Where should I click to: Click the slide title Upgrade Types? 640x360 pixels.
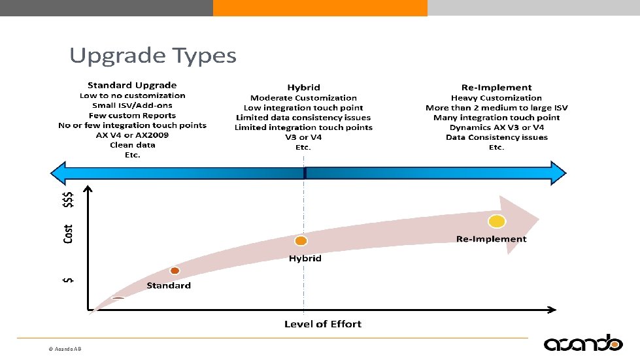coord(153,56)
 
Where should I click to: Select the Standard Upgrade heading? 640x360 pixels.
coord(132,85)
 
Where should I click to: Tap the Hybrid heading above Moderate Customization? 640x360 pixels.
coord(303,88)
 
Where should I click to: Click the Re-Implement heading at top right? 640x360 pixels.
coord(496,88)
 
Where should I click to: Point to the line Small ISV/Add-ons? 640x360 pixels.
coord(132,105)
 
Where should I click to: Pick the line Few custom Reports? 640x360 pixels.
coord(132,115)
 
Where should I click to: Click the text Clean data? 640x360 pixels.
coord(132,145)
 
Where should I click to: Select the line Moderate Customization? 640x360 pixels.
coord(303,97)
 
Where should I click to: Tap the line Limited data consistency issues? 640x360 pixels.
coord(303,118)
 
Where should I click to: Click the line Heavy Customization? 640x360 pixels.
coord(496,97)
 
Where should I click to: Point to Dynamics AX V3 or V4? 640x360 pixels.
coord(496,127)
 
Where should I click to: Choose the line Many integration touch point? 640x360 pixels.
coord(496,118)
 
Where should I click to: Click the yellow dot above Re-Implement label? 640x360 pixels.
coord(497,221)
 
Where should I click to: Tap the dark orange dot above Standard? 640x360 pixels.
coord(175,270)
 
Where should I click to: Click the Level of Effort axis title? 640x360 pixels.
coord(323,323)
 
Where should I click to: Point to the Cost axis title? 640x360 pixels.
coord(68,234)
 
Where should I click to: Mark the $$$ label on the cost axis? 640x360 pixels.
coord(68,199)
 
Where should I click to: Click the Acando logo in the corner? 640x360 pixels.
coord(583,342)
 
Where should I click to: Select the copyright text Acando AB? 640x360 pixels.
coord(65,350)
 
